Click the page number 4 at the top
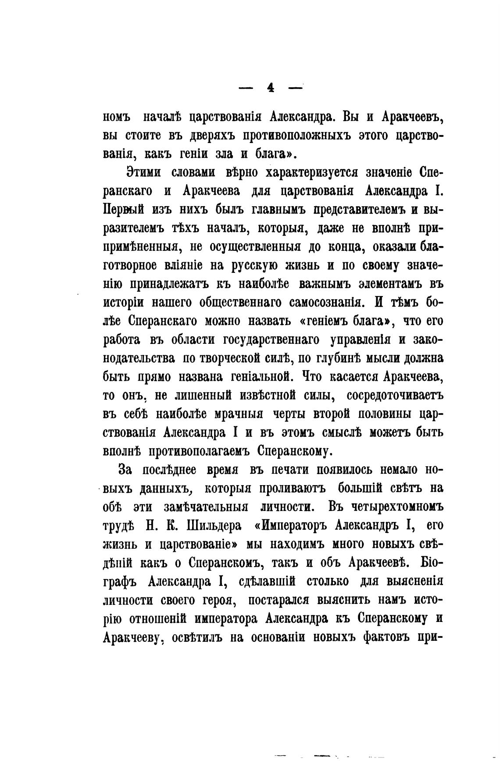(x=270, y=88)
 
